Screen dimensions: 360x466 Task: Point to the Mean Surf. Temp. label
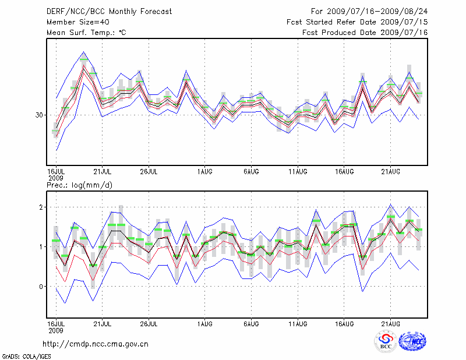click(x=86, y=33)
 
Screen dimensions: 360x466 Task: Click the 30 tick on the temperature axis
click(x=40, y=115)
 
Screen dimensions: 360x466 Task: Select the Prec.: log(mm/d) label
click(x=79, y=185)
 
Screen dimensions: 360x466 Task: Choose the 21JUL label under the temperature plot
click(x=102, y=171)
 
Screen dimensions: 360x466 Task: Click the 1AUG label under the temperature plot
click(x=204, y=171)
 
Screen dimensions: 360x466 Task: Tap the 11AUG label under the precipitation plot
click(x=298, y=323)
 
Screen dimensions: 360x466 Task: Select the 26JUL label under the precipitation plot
click(x=149, y=323)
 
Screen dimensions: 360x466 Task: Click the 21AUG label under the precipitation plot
click(x=390, y=323)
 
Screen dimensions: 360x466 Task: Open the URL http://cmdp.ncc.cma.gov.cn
click(x=96, y=344)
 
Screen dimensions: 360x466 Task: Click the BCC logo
click(x=385, y=341)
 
